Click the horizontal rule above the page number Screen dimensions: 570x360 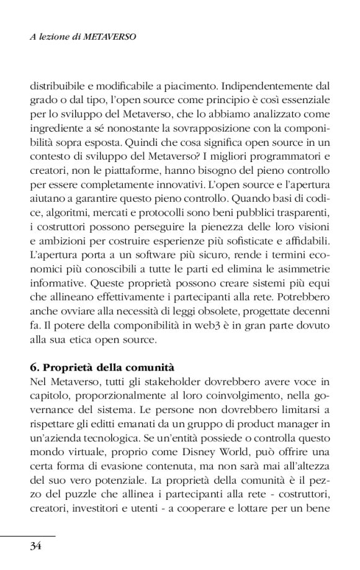(28, 535)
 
